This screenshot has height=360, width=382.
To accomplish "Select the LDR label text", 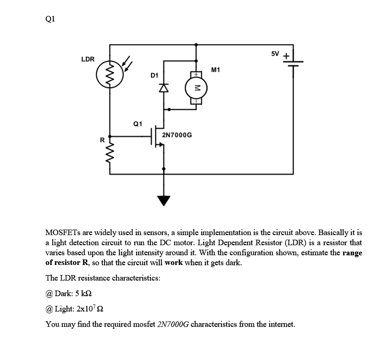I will (x=88, y=59).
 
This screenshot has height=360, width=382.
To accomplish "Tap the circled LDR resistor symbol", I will (x=109, y=75).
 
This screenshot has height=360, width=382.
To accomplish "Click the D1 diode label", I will (x=154, y=75).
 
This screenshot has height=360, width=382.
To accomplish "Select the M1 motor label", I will (x=216, y=70).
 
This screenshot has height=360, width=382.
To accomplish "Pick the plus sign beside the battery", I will (x=286, y=56).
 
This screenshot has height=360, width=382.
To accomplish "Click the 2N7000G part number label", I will (x=177, y=135).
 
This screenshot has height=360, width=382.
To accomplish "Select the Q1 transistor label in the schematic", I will (x=137, y=124).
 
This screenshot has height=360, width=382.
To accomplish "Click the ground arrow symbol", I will (x=164, y=200).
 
